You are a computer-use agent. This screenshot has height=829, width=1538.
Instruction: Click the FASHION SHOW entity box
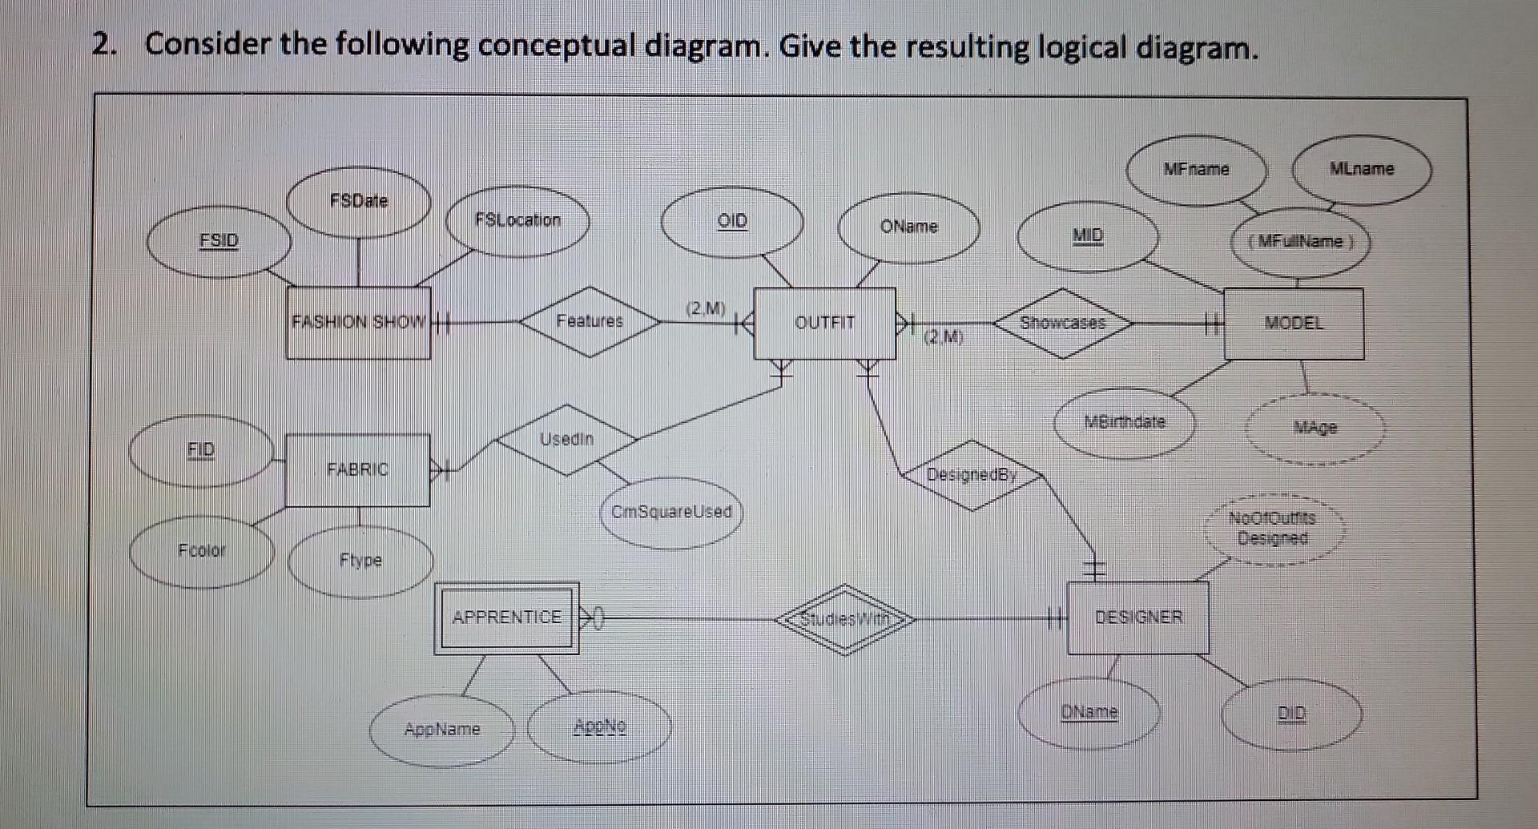[x=358, y=323]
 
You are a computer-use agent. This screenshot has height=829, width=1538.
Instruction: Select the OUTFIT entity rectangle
[x=824, y=323]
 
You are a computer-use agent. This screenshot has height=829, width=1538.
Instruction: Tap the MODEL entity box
[x=1293, y=324]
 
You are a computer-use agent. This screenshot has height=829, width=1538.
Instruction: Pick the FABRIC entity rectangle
[x=357, y=469]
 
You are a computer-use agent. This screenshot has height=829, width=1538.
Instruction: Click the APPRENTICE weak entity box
[x=506, y=618]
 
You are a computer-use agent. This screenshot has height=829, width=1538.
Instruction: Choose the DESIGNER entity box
[x=1137, y=618]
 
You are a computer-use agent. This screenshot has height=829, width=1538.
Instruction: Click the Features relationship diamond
[x=590, y=321]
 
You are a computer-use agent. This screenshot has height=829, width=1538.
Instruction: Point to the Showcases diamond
[x=1062, y=323]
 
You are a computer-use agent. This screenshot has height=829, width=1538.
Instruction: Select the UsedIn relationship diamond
[x=566, y=440]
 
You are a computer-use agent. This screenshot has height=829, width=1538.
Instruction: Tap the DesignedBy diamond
[x=971, y=475]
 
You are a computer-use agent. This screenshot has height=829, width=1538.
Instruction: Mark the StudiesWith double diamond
[x=845, y=619]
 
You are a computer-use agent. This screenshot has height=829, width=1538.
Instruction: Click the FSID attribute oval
[x=219, y=241]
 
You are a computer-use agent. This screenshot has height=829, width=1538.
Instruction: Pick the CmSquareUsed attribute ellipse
[x=671, y=513]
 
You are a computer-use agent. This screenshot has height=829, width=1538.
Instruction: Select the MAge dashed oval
[x=1315, y=429]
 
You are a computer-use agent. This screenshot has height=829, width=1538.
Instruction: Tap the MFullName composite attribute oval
[x=1300, y=242]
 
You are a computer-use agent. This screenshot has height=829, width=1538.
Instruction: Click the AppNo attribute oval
[x=599, y=727]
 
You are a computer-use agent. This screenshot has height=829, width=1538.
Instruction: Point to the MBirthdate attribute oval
[x=1124, y=422]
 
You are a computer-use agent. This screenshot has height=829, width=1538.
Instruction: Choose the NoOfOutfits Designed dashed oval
[x=1273, y=529]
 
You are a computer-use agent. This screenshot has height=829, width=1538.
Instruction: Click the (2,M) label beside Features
[x=705, y=308]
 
